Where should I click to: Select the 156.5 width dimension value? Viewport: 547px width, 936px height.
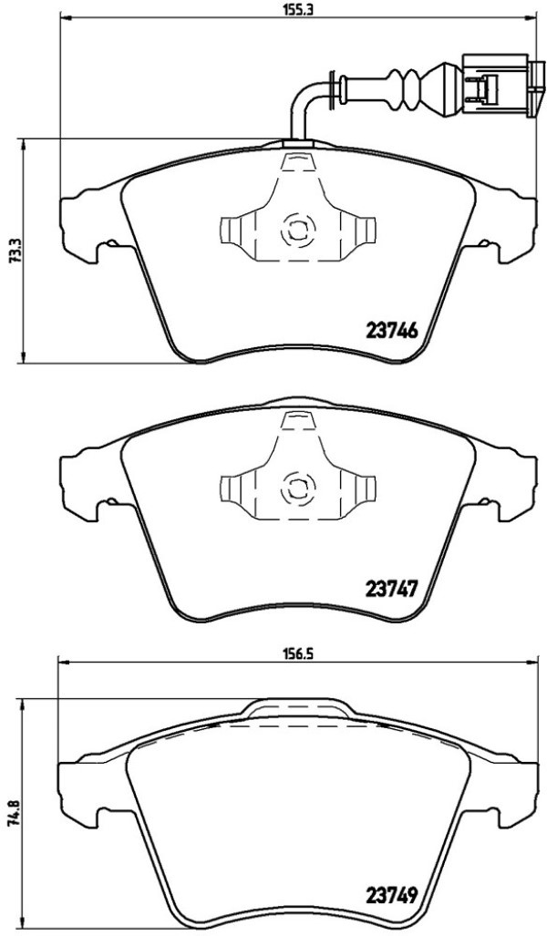click(x=294, y=653)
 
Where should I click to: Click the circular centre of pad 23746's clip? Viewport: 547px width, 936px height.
click(x=297, y=229)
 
